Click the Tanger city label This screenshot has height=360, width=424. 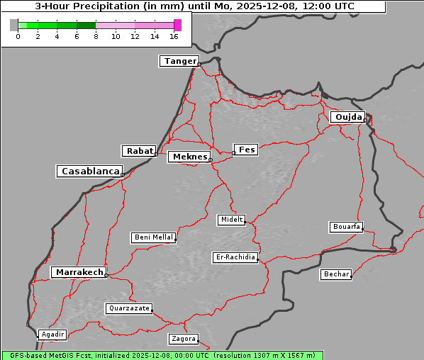pos(179,61)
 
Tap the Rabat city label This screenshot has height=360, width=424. pos(139,151)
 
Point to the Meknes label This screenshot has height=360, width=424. pos(189,157)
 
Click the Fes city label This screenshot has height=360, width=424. pos(246,150)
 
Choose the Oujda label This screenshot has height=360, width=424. pos(347,117)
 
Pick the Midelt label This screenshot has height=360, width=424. pos(231,220)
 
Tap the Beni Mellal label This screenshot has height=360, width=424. pos(153,237)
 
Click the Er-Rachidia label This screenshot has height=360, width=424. pos(235,257)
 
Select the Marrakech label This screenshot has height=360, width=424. pos(79,272)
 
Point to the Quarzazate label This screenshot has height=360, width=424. pos(128,308)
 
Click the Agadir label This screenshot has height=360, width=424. pos(52,334)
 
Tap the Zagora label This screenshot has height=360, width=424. pos(183,339)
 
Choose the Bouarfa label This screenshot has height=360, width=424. pos(346,227)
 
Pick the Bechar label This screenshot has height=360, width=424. pos(336,274)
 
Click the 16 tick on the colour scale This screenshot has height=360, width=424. pos(174,36)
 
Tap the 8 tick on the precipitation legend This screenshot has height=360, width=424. pos(96,36)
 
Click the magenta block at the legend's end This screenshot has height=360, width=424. pos(177,25)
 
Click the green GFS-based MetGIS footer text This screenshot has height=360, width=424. pos(162,355)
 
